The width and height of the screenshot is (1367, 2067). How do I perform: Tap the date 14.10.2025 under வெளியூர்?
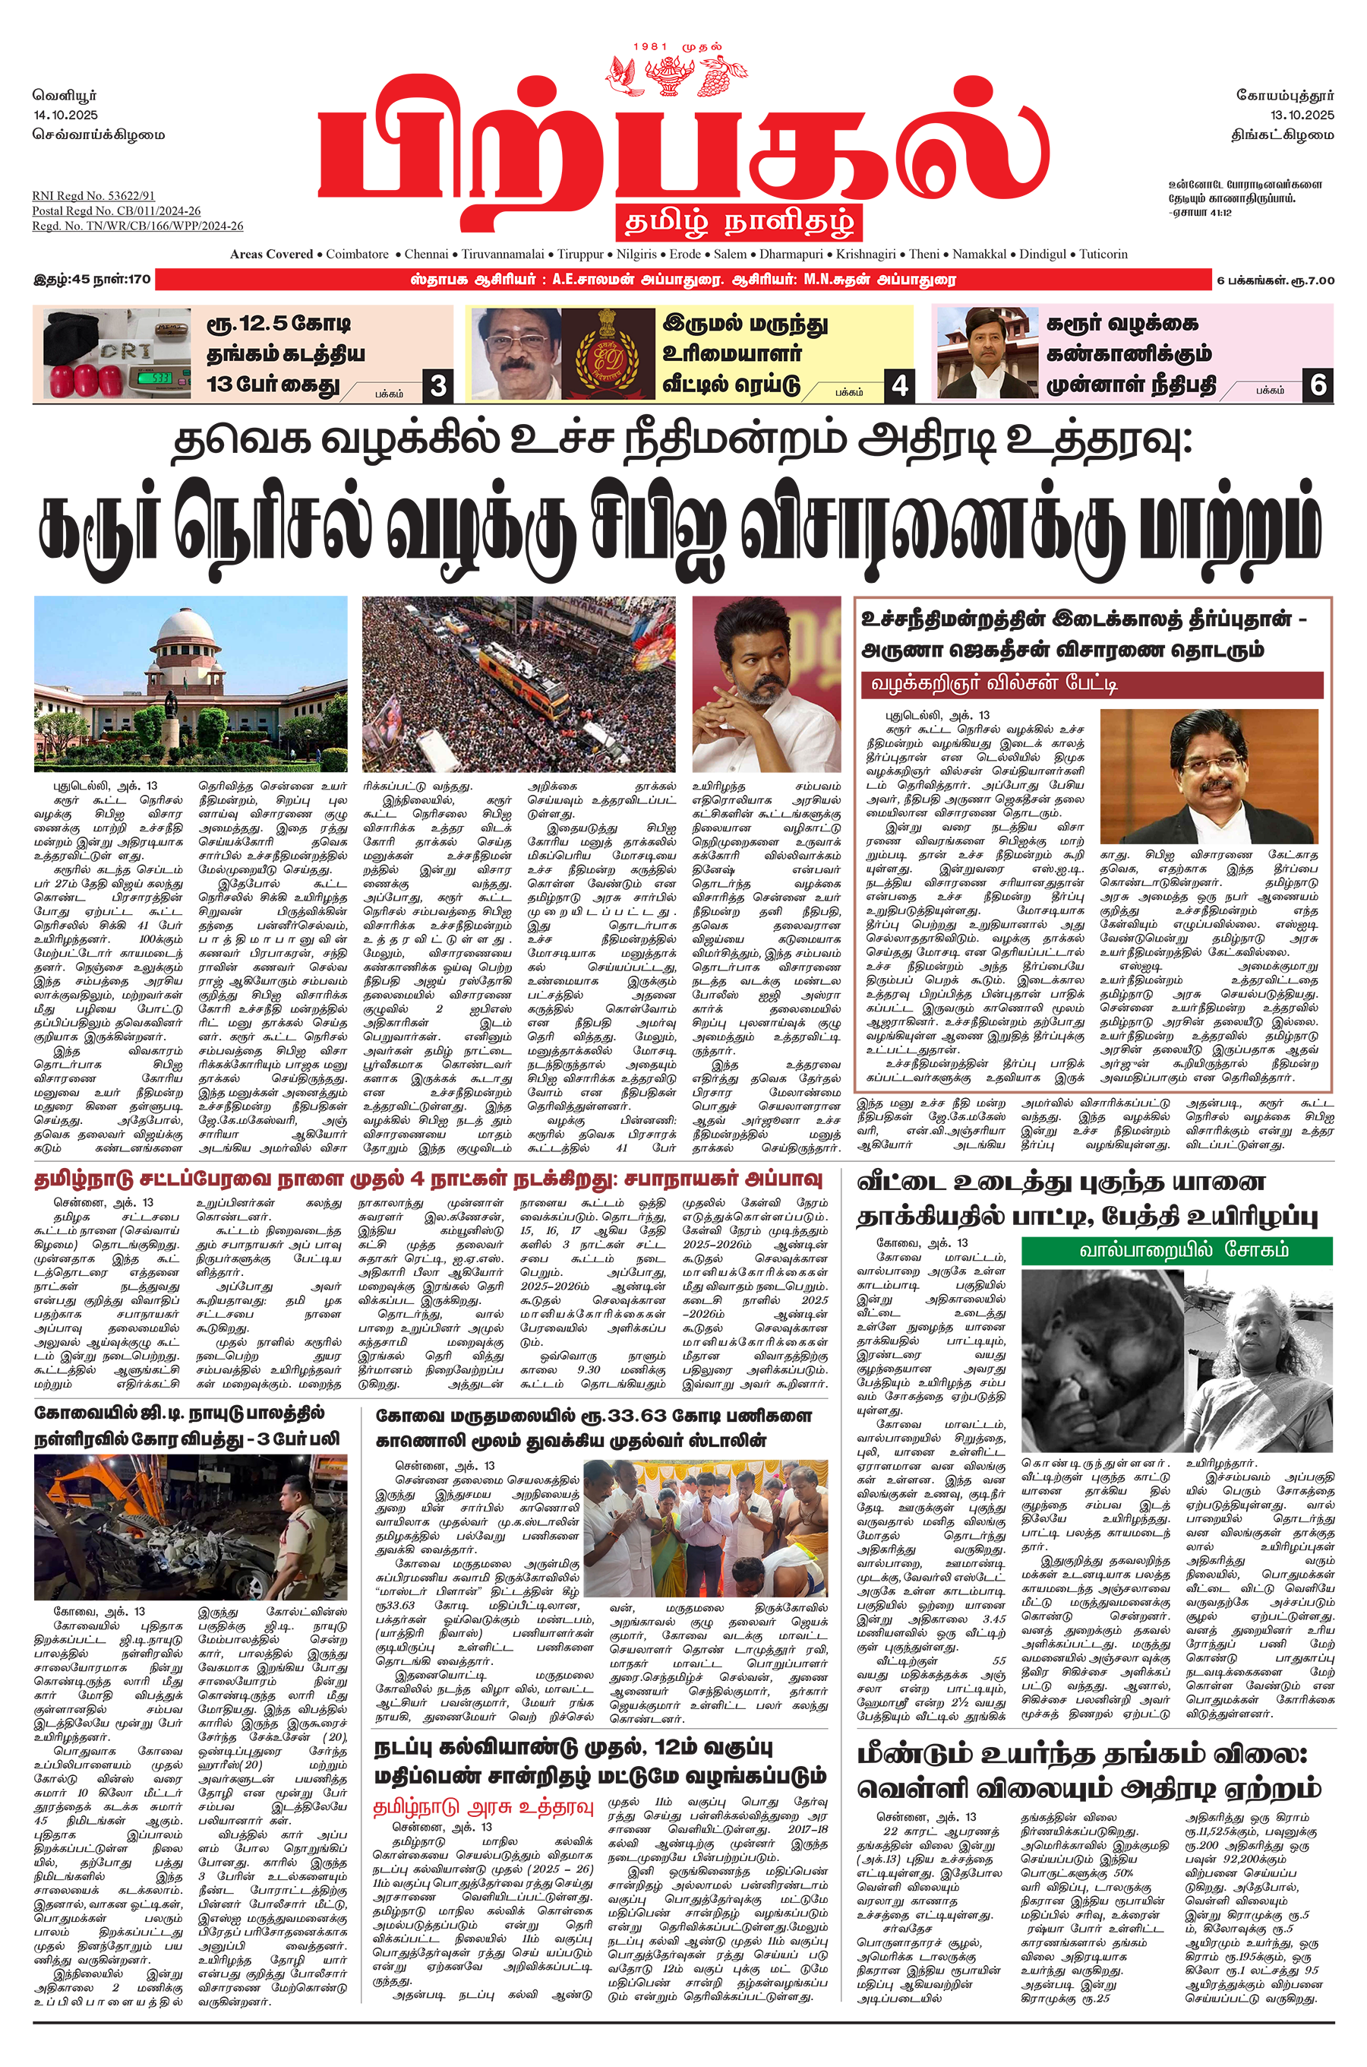(66, 115)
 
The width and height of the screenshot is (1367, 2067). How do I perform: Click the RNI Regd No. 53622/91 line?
(93, 196)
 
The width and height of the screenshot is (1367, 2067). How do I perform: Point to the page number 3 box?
(437, 385)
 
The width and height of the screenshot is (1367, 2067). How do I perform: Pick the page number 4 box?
(900, 385)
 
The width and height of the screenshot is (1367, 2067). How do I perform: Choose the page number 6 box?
(1318, 385)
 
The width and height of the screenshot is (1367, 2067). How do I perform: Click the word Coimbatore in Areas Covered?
(358, 255)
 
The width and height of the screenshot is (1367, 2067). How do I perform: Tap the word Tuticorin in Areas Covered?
(1103, 255)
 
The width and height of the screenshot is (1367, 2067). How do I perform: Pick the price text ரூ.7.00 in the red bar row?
(1312, 280)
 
